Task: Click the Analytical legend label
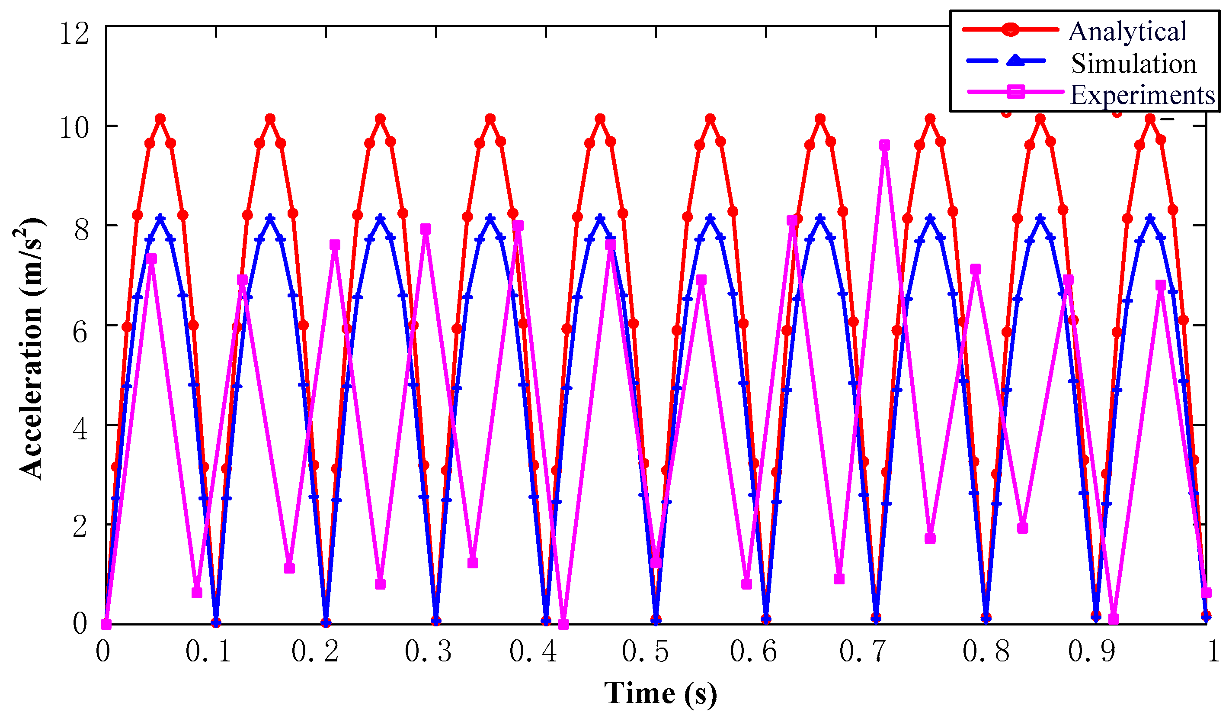1127,32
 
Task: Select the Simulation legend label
1133,64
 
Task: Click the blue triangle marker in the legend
1015,61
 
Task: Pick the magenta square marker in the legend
1016,91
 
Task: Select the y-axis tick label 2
81,527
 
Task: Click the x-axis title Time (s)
660,693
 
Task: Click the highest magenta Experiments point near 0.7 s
884,145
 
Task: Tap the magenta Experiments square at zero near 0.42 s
563,624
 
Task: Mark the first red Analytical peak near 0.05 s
160,119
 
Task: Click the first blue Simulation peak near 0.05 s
160,218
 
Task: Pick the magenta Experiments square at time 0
106,624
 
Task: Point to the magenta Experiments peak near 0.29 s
426,229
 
